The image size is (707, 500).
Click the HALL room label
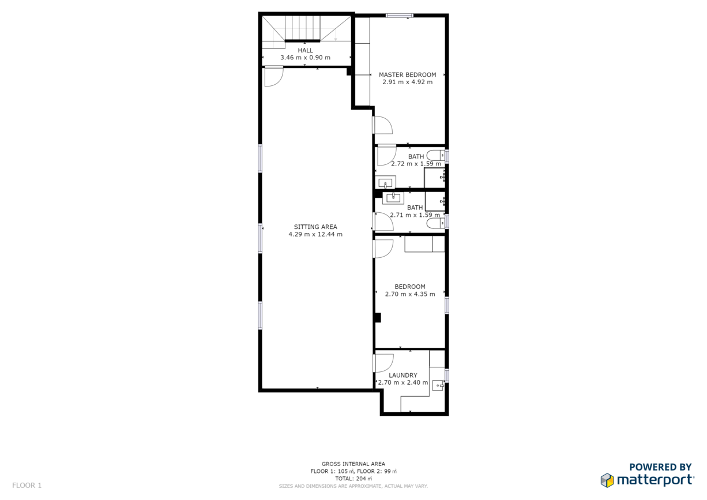coord(305,50)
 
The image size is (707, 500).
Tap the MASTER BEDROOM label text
coord(408,75)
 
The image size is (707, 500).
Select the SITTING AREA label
coord(315,227)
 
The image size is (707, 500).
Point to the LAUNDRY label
coord(403,375)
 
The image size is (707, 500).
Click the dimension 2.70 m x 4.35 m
coord(410,294)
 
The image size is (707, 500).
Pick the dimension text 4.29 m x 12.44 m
coord(315,234)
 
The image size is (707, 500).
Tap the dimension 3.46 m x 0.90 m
coord(305,58)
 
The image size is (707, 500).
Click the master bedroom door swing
coord(382,125)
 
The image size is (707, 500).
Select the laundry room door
coord(383,363)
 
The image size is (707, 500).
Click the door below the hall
coord(274,76)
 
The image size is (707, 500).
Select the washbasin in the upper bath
coord(385,182)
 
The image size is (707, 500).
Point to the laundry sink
coord(438,386)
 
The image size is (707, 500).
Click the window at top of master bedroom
coord(399,15)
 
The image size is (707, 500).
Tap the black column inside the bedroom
coord(378,318)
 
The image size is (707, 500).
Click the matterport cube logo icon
coord(607,480)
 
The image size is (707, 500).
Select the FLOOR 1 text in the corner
coord(27,486)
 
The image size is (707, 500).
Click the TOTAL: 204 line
coord(353,479)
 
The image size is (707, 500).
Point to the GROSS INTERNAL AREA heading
coord(353,464)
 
